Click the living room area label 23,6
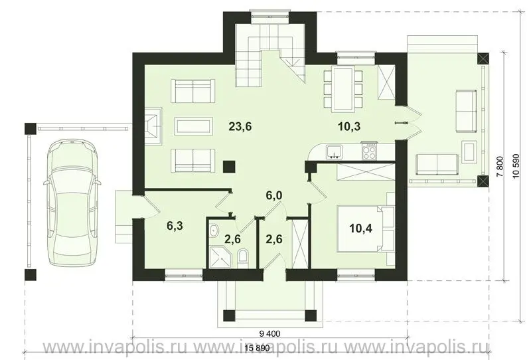click(240, 127)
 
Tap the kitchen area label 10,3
click(349, 127)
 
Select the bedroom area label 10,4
click(361, 228)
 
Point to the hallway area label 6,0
click(274, 195)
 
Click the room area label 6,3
click(175, 226)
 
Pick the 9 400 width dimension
click(269, 333)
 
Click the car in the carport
click(72, 203)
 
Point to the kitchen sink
click(335, 152)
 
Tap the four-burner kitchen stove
click(369, 151)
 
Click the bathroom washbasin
click(214, 231)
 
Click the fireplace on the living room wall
click(153, 126)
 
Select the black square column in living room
click(230, 167)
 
